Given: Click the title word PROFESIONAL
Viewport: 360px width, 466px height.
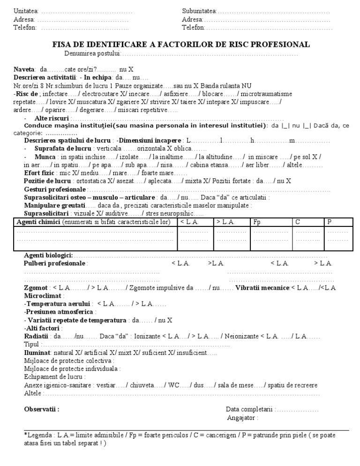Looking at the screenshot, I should [x=283, y=45].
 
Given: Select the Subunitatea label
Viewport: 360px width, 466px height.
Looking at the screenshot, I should [x=199, y=11].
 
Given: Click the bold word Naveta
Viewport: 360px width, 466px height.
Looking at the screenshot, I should [x=23, y=69].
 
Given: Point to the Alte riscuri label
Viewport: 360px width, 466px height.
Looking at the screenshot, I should [x=52, y=118].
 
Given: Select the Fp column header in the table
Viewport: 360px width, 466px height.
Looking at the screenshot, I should [x=257, y=222].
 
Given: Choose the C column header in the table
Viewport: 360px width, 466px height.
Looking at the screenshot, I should [x=298, y=222].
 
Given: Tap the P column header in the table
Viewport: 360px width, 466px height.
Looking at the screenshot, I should [x=330, y=222].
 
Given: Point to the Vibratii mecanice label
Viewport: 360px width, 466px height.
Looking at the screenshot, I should [x=262, y=288].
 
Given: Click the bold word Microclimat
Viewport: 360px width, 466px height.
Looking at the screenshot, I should [x=43, y=296].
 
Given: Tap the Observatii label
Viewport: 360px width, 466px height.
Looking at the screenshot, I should [x=41, y=409].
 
